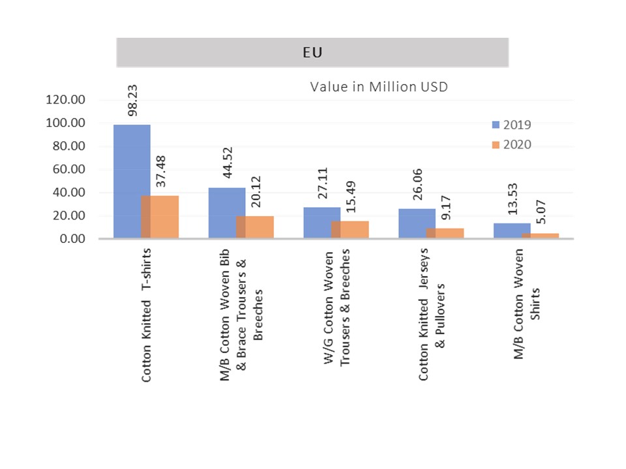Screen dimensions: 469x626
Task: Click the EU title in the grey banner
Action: pyautogui.click(x=312, y=52)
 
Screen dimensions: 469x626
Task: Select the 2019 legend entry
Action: pyautogui.click(x=512, y=124)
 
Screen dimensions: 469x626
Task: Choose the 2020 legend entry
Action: pyautogui.click(x=512, y=144)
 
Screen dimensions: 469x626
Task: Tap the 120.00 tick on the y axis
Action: pyautogui.click(x=65, y=100)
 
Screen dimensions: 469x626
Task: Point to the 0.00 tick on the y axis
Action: pyautogui.click(x=71, y=239)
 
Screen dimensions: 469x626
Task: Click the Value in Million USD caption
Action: pyautogui.click(x=378, y=87)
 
